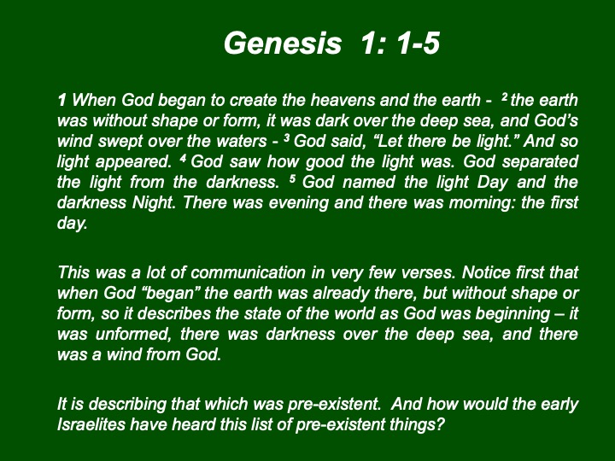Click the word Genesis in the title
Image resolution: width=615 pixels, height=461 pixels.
point(283,44)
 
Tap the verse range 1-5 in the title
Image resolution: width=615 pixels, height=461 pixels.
point(418,44)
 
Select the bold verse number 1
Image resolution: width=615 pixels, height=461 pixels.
point(61,101)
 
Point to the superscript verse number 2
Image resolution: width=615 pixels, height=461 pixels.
point(505,96)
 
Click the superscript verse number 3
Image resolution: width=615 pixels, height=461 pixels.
point(287,137)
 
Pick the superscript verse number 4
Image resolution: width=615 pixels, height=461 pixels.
point(183,158)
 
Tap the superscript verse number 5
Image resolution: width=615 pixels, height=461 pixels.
point(292,178)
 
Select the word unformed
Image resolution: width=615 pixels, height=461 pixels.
point(134,334)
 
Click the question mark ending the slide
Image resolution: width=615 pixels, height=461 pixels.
point(440,424)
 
